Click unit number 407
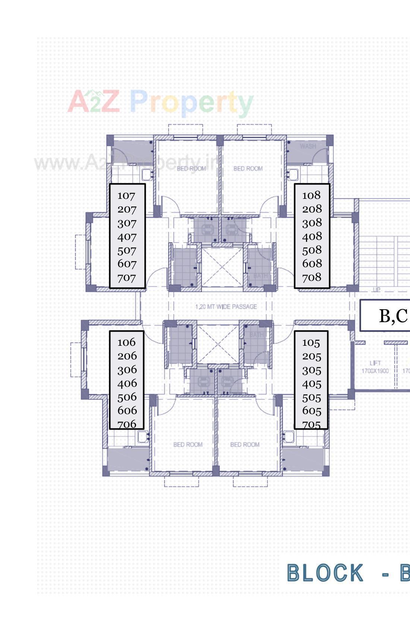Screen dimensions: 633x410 pos(127,237)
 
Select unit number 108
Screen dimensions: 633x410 pos(311,195)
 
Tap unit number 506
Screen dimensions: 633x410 pos(127,397)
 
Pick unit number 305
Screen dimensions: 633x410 pos(311,370)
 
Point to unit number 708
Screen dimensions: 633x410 pos(312,277)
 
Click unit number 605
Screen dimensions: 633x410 pos(311,411)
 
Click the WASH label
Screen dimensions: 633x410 pos(308,146)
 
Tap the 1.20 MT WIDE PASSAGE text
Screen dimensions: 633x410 pos(226,307)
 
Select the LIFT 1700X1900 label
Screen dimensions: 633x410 pos(375,367)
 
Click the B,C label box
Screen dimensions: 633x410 pos(386,316)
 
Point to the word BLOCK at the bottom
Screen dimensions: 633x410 pos(325,573)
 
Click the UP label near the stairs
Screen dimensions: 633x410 pos(376,290)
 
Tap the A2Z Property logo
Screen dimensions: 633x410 pos(160,102)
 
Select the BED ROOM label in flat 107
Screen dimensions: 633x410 pos(191,169)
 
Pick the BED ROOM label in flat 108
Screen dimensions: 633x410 pos(248,169)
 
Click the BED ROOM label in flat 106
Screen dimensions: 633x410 pos(188,444)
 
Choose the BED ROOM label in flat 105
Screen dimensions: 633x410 pos(245,444)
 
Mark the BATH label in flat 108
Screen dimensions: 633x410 pos(261,276)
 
